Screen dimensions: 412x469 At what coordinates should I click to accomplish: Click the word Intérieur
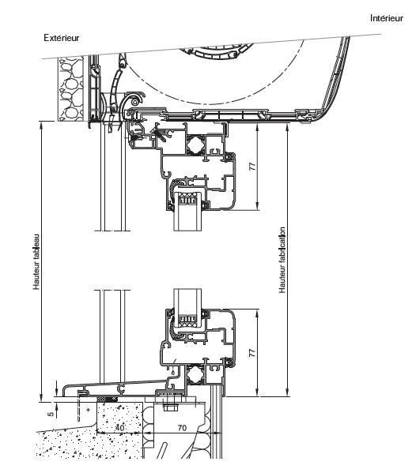[x=387, y=18]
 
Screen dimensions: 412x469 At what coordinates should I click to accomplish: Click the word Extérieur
[x=62, y=38]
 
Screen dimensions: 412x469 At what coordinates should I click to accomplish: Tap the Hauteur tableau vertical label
[x=36, y=261]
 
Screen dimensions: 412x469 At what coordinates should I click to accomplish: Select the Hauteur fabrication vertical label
[x=282, y=260]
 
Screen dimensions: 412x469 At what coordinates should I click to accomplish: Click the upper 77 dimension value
[x=253, y=167]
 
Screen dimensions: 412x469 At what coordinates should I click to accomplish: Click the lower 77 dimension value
[x=253, y=353]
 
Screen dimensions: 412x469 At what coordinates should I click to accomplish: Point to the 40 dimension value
[x=119, y=427]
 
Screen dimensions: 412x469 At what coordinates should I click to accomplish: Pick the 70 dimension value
[x=182, y=428]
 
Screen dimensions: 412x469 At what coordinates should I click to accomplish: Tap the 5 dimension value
[x=51, y=414]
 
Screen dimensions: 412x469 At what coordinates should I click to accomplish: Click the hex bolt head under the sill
[x=169, y=407]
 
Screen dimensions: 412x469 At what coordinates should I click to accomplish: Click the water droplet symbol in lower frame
[x=173, y=372]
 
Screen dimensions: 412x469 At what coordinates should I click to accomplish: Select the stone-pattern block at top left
[x=70, y=88]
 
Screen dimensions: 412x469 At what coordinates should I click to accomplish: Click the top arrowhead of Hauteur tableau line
[x=41, y=124]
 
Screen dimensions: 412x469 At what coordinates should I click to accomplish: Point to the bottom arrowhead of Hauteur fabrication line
[x=287, y=393]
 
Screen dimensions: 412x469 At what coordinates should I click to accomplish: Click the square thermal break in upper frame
[x=195, y=145]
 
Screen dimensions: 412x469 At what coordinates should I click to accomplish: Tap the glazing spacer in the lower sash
[x=187, y=321]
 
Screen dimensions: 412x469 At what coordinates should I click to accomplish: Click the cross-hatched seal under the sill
[x=107, y=399]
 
